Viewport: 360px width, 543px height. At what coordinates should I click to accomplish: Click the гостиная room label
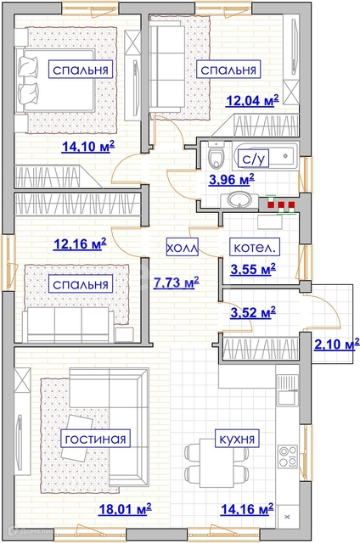(x=95, y=439)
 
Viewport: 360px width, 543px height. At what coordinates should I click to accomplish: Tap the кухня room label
(x=237, y=439)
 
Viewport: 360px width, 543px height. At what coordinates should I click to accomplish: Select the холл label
(x=183, y=247)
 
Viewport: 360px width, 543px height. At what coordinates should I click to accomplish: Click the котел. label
(x=255, y=247)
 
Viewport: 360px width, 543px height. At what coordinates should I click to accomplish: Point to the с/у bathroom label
(x=253, y=159)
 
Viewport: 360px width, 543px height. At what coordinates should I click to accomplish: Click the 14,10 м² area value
(x=88, y=147)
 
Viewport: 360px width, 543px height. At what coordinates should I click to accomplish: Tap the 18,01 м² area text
(x=125, y=509)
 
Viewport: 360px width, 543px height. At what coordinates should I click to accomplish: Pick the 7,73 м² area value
(x=176, y=283)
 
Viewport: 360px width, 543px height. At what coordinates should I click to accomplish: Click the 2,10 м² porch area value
(x=336, y=345)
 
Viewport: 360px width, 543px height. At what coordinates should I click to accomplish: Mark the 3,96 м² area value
(x=232, y=179)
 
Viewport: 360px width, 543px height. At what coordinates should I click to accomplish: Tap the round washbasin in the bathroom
(x=239, y=200)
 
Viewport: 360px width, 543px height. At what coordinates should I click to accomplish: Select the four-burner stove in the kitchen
(x=288, y=456)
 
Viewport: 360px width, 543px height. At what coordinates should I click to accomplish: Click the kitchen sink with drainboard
(x=287, y=390)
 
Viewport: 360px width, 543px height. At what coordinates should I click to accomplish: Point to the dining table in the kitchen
(x=217, y=462)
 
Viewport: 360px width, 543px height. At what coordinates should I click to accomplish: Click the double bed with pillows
(x=55, y=81)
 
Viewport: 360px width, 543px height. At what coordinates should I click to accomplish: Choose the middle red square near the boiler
(x=281, y=204)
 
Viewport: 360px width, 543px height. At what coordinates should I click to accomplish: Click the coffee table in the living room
(x=77, y=437)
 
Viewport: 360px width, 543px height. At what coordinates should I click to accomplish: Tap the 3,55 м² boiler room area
(x=253, y=269)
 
